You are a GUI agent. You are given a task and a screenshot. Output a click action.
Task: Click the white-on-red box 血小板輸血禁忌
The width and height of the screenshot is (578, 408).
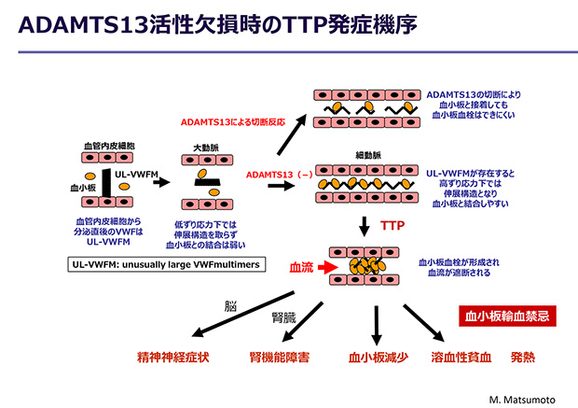(x=509, y=316)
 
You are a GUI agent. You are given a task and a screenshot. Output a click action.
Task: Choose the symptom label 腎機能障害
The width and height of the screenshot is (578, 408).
(x=280, y=357)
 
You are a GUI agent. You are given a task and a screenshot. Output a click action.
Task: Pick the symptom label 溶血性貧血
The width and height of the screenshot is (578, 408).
(x=461, y=357)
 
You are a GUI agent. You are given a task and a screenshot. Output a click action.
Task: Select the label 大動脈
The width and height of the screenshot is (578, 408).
(x=206, y=148)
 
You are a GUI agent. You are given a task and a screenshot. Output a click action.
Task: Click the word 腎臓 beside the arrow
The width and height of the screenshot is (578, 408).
(x=283, y=317)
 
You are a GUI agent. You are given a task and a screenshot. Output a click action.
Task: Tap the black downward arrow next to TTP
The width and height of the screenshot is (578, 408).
(x=365, y=225)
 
